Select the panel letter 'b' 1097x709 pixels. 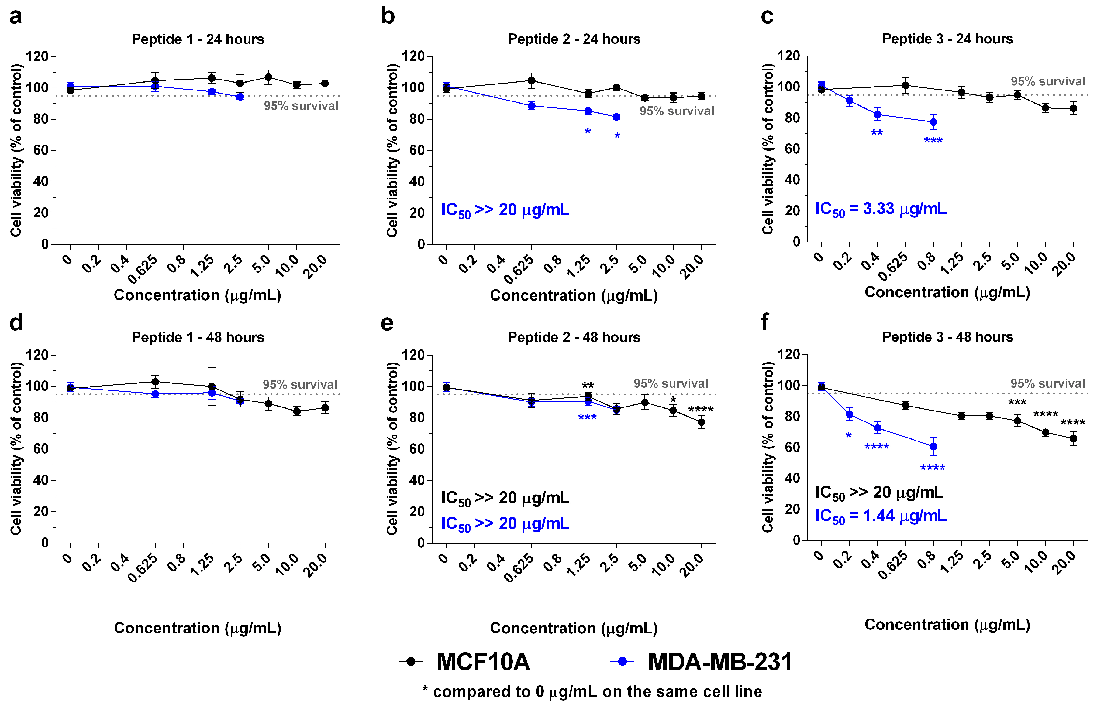tap(388, 17)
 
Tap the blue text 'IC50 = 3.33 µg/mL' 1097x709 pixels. tap(881, 209)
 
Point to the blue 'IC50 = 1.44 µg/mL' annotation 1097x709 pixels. tap(881, 516)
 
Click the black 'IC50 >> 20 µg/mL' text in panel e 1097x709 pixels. tap(505, 498)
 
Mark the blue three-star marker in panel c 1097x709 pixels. tap(933, 140)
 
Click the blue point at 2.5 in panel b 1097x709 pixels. tap(616, 117)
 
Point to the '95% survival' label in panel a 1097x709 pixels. tap(301, 106)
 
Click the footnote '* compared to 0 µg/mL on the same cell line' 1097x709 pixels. tap(592, 691)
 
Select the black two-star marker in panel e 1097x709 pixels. tap(588, 385)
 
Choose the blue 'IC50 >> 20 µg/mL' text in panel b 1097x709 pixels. tap(505, 210)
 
